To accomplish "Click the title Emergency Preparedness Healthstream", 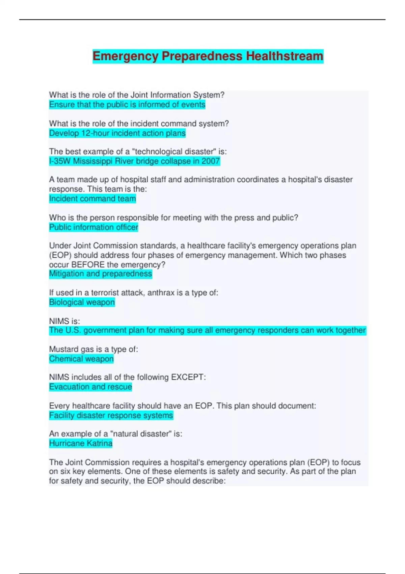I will point(208,56).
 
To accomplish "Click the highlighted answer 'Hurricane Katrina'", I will point(81,443).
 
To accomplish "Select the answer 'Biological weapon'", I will point(82,302).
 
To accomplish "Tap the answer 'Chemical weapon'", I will point(81,359).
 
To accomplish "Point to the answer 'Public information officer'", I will point(94,227).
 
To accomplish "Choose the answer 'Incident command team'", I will point(92,199).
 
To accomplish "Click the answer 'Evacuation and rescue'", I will point(90,387).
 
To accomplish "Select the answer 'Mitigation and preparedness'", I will point(101,273).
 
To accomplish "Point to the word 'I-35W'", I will point(60,161).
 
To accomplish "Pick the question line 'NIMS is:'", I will point(64,321).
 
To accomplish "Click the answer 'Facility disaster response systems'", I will point(111,415).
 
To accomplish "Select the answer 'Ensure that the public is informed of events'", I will point(127,105).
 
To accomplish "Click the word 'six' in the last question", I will point(54,471).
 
